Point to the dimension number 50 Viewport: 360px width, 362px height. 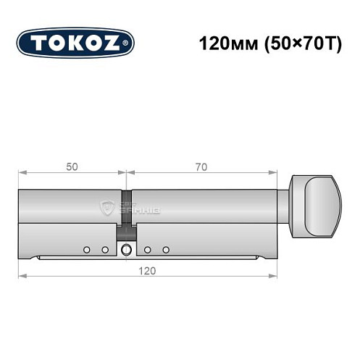[x=71, y=167]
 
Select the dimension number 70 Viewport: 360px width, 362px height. [x=201, y=167]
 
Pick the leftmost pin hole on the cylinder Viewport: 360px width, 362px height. [x=86, y=250]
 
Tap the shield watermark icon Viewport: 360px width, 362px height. [x=109, y=209]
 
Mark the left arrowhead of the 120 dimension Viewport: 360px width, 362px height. [x=22, y=275]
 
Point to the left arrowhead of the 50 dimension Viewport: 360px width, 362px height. [x=22, y=173]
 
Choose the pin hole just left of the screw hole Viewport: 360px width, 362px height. [x=105, y=250]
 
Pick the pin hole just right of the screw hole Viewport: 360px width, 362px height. [x=147, y=250]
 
